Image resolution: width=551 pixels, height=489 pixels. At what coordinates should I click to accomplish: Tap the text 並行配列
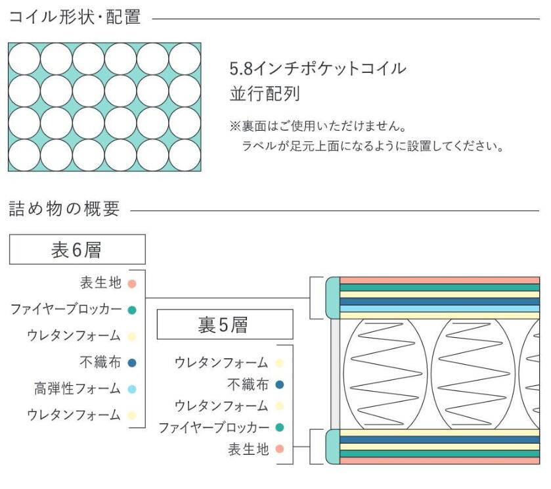[265, 93]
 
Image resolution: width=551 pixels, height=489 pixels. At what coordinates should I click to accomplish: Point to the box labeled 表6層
[77, 250]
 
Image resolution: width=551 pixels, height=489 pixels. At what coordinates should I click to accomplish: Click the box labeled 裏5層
[225, 324]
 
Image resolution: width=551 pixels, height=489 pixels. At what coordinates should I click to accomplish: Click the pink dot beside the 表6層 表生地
[132, 283]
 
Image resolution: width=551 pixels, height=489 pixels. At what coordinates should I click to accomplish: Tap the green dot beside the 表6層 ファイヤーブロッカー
[132, 310]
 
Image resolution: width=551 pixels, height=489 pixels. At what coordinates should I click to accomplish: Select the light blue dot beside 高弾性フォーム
[132, 388]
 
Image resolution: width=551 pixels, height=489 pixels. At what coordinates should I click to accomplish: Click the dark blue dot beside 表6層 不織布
[132, 362]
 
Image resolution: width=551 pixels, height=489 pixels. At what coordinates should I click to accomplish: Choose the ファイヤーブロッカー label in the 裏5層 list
[214, 428]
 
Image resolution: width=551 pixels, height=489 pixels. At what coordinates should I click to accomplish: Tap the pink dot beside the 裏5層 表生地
[280, 450]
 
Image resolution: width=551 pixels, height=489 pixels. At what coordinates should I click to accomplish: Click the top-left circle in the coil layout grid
[24, 58]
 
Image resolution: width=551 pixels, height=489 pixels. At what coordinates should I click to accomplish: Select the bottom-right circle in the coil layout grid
[185, 155]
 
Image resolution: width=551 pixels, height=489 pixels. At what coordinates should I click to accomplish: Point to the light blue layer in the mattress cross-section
[439, 308]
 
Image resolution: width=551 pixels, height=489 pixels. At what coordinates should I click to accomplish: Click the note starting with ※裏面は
[317, 125]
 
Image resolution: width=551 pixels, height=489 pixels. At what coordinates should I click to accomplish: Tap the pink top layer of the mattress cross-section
[439, 281]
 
